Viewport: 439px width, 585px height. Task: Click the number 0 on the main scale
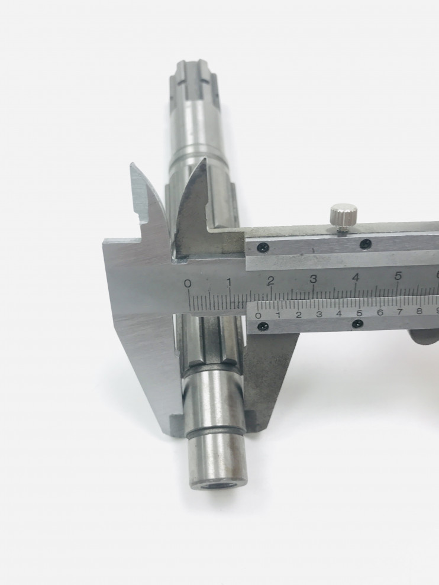tap(188, 283)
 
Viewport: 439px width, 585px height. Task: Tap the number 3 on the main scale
tap(313, 279)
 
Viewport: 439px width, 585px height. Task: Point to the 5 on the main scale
tap(398, 276)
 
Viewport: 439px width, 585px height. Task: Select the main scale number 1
tap(229, 282)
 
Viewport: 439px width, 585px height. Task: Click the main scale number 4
tap(356, 277)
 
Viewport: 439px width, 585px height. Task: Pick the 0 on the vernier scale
tap(259, 316)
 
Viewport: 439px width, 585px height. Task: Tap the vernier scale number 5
tap(360, 313)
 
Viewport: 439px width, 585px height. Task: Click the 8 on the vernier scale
tap(419, 311)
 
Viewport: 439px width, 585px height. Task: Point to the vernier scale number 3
tap(319, 314)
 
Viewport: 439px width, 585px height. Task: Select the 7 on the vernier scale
tap(400, 312)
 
